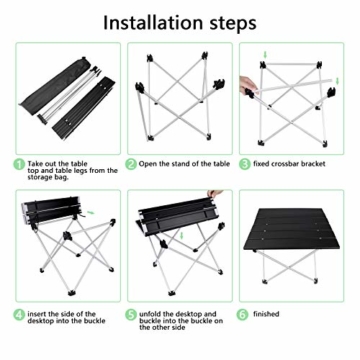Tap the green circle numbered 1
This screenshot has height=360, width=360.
pyautogui.click(x=19, y=163)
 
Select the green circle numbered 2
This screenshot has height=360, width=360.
pyautogui.click(x=131, y=163)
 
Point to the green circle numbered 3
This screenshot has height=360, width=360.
pyautogui.click(x=244, y=163)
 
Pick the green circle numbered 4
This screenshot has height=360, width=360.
pyautogui.click(x=19, y=315)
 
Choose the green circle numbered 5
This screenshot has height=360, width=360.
pyautogui.click(x=131, y=315)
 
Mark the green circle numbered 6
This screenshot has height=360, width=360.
pyautogui.click(x=244, y=315)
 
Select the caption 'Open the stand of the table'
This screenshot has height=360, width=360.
pyautogui.click(x=184, y=163)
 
